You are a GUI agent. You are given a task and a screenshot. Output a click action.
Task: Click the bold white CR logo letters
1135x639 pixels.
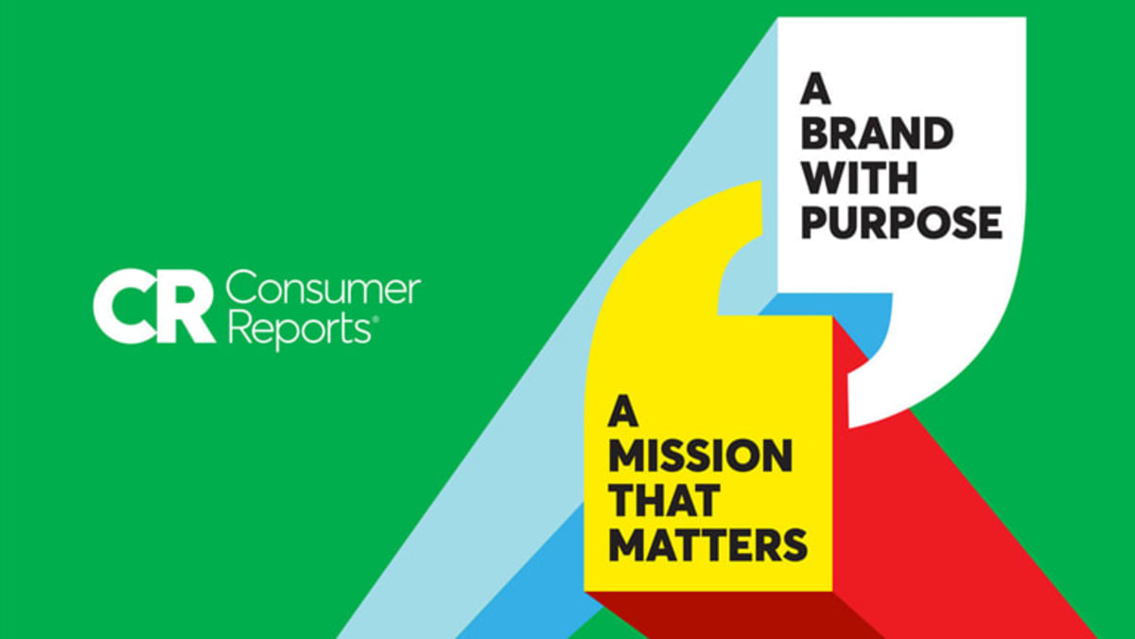tap(154, 308)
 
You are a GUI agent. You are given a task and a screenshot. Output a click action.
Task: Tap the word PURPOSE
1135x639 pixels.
tap(901, 222)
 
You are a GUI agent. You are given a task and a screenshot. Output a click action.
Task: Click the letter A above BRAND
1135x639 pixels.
tap(815, 90)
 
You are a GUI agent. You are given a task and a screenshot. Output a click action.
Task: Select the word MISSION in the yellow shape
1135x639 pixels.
tap(700, 457)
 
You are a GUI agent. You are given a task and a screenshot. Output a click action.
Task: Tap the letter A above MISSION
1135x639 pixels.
tap(621, 414)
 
